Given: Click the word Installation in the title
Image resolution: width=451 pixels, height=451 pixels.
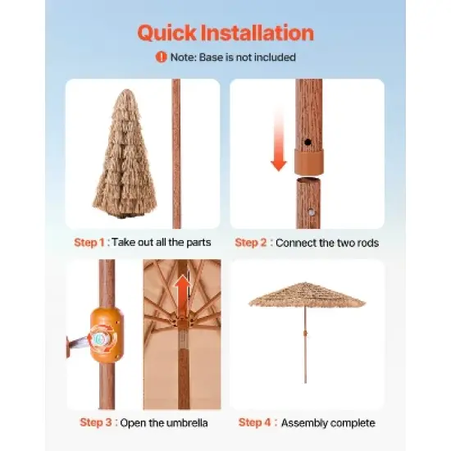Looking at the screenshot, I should point(261,33).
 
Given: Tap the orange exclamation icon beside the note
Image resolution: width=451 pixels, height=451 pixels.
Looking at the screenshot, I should point(162,57).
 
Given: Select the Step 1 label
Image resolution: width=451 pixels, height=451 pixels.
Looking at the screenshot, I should point(90,243).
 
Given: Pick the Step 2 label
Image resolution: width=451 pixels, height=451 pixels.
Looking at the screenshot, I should point(253,243).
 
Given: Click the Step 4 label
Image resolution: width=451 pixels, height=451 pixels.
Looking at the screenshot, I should point(257,423).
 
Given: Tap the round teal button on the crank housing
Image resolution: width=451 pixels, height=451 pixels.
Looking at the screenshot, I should point(100,338).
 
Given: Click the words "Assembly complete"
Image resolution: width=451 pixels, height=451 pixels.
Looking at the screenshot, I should point(328,423).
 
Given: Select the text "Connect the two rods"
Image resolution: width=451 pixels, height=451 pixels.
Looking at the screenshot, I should point(327,243).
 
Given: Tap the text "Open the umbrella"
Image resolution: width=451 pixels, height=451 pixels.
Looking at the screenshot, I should point(164,423).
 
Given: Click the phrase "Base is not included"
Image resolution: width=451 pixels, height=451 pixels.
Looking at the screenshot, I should point(246,57).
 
